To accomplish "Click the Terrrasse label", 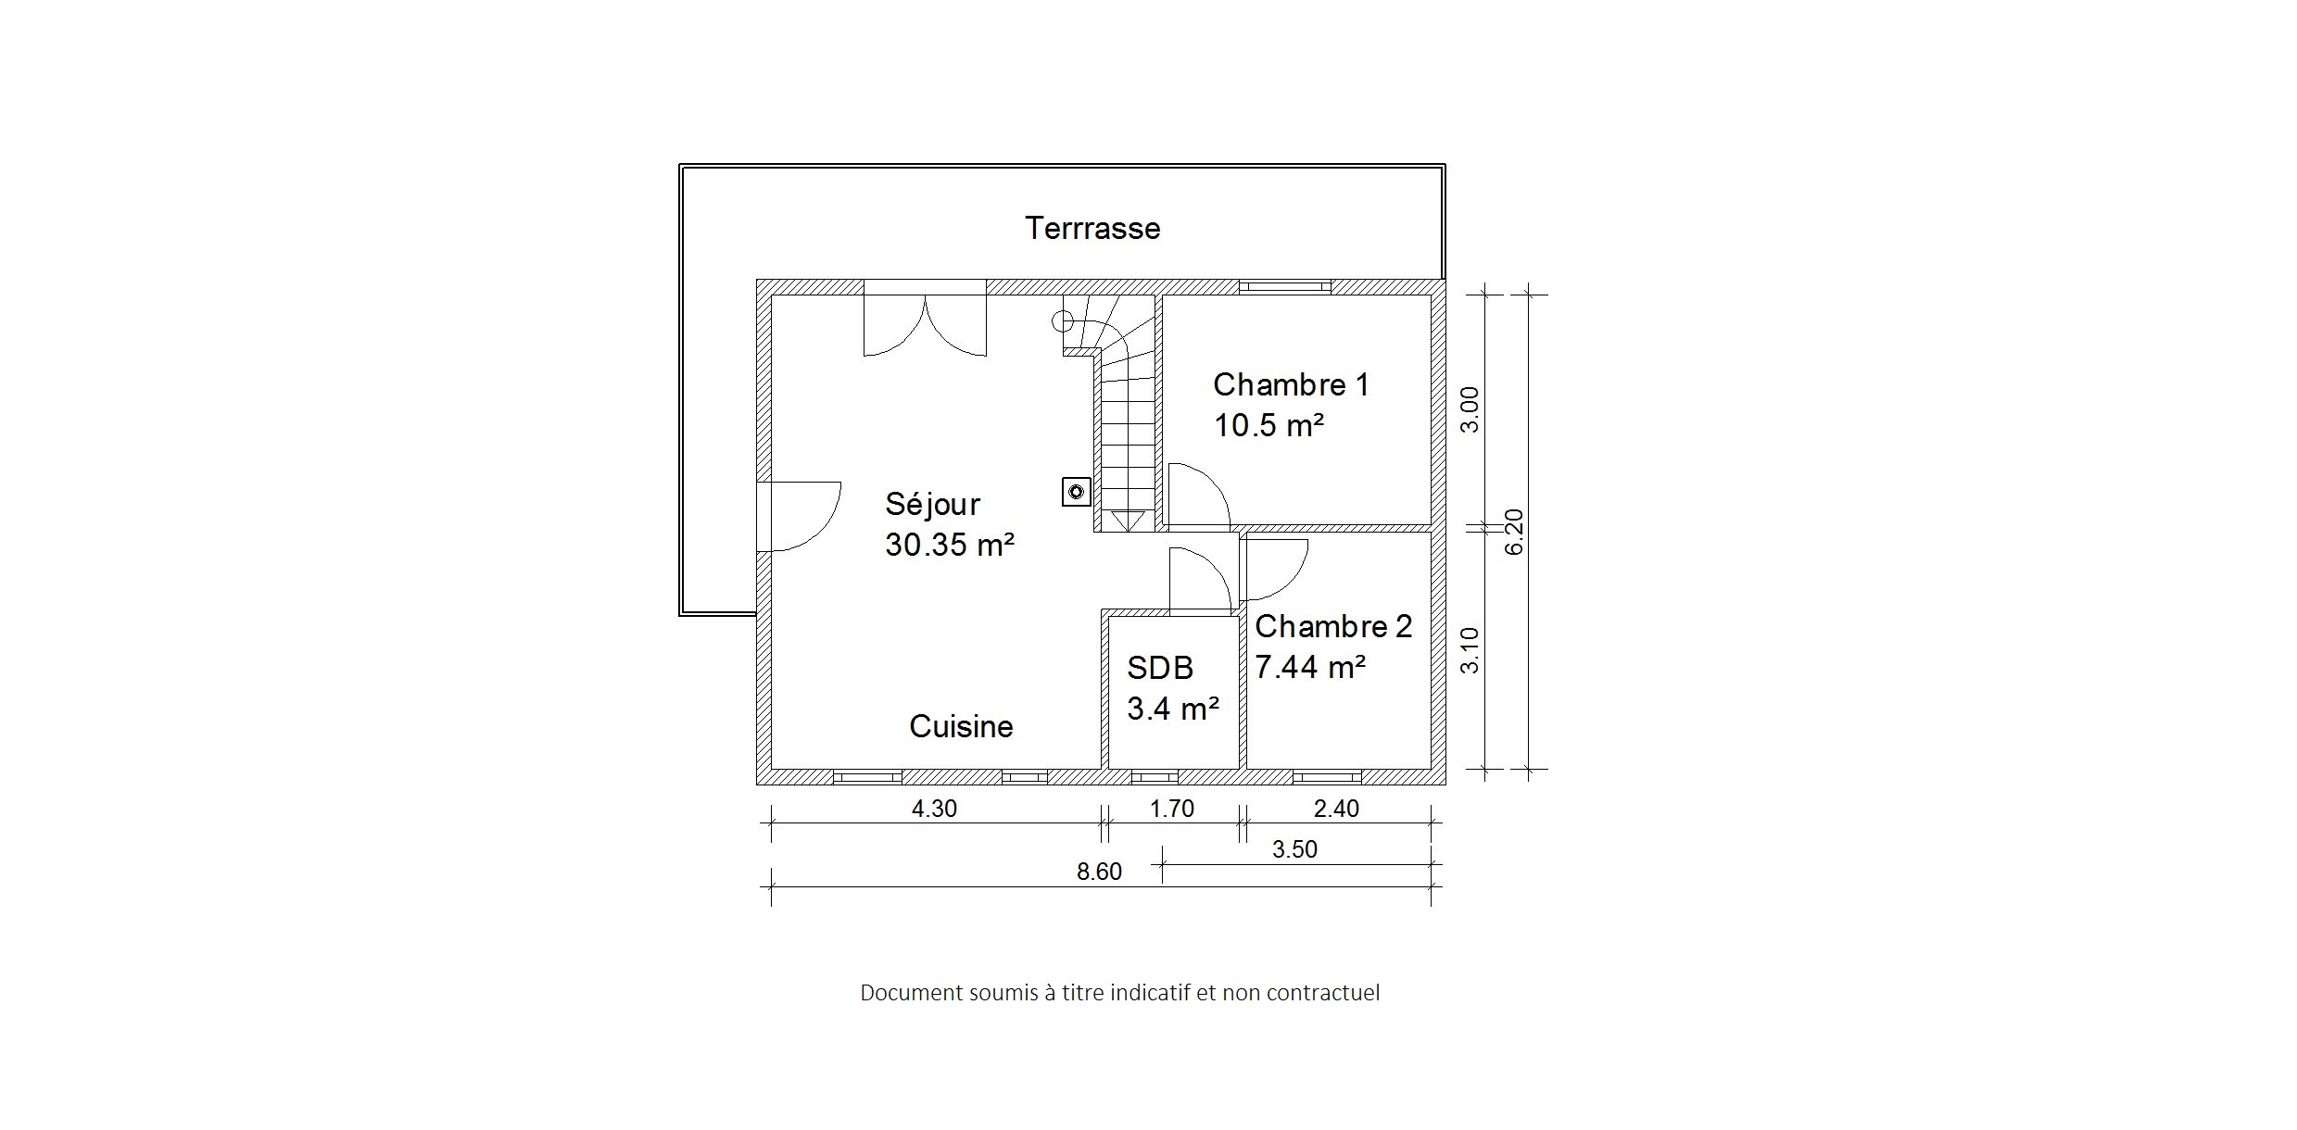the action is tap(1092, 228).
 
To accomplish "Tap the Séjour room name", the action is tap(932, 505).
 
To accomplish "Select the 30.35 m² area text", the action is tap(950, 545).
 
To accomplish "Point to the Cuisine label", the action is tap(961, 726).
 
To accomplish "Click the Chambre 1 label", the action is tap(1291, 384).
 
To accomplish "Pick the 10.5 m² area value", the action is tap(1268, 425).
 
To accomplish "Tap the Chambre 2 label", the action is tap(1333, 626).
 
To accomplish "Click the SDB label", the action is tap(1160, 668).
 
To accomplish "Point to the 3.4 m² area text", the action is tap(1172, 709).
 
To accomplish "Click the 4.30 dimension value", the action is tap(934, 809).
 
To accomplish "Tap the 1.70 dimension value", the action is tap(1172, 809).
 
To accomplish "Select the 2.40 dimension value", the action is tap(1336, 809).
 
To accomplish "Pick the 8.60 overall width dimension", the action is tap(1099, 872).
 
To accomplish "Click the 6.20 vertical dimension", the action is tap(1514, 532).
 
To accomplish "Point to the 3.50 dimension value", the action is tap(1294, 849).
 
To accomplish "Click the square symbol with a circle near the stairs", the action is tap(1076, 491).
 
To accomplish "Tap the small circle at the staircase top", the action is tap(1062, 321).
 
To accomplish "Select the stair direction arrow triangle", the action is tap(1127, 521).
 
